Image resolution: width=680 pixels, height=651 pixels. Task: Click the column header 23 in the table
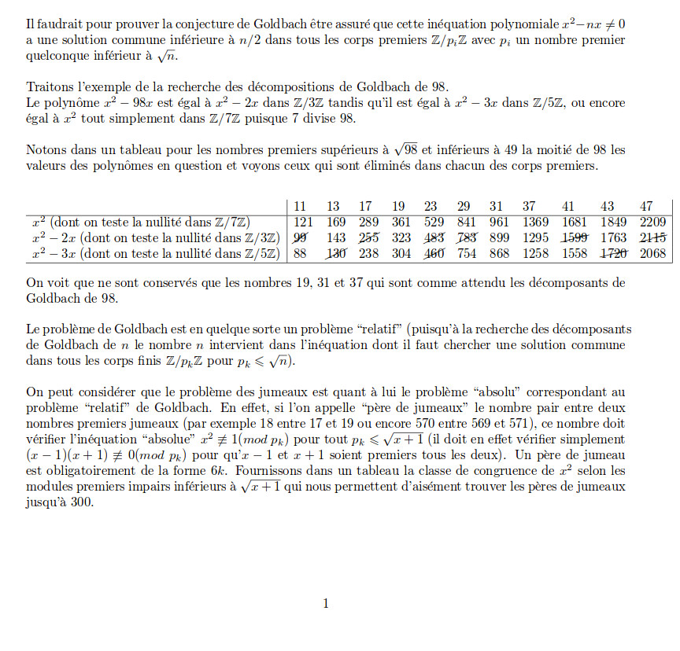tap(430, 206)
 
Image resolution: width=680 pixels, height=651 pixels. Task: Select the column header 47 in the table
tap(647, 206)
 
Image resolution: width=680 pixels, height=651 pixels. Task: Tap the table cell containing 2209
tap(652, 222)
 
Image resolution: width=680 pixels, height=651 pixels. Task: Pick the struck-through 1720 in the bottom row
tap(615, 253)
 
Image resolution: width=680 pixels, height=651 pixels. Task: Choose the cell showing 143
tap(335, 237)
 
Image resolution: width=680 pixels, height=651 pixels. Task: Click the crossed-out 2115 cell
tap(652, 237)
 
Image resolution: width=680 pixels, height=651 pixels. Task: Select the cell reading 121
tap(304, 222)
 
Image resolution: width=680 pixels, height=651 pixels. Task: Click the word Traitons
tap(49, 87)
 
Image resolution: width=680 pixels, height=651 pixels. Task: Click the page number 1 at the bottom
tap(326, 603)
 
